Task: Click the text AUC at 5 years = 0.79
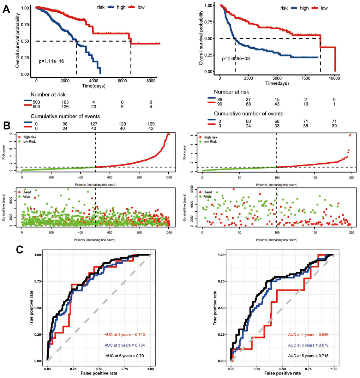pos(127,356)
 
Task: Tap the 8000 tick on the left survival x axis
pos(151,81)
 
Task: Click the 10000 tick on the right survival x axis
pos(335,78)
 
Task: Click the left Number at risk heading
pos(48,95)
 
